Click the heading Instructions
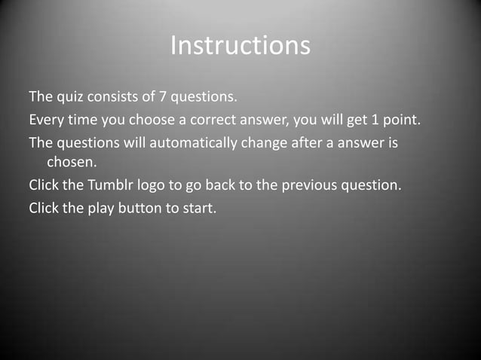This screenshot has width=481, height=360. coord(240,45)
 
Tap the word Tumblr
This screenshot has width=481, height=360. coord(112,185)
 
